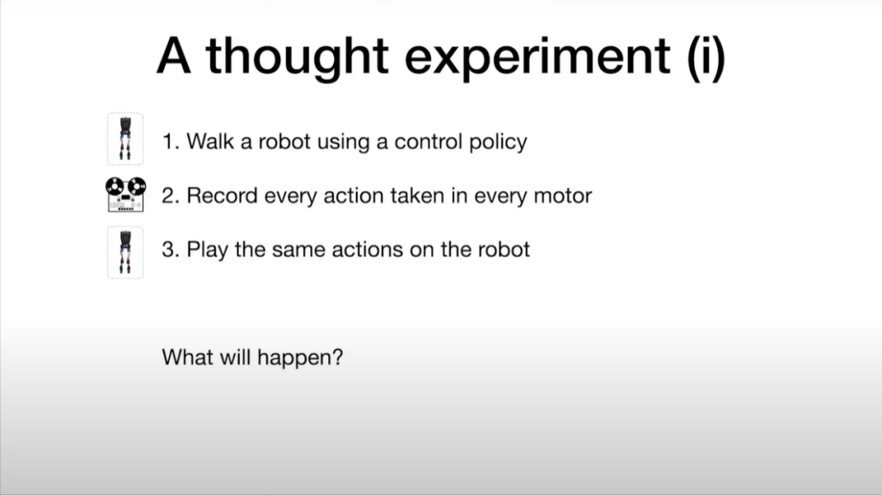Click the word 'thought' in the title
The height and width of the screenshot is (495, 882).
coord(297,57)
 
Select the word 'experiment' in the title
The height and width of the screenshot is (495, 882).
coord(537,58)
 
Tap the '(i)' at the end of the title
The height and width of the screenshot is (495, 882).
coord(706,57)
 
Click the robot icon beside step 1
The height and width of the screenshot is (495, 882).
coord(126,139)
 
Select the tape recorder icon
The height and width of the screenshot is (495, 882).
coord(126,194)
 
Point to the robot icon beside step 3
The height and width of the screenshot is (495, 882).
coord(126,252)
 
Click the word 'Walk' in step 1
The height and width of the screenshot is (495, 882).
coord(210,141)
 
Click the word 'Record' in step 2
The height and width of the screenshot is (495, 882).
coord(221,196)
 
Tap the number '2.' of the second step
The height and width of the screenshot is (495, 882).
coord(171,196)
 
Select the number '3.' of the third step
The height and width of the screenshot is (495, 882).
coord(171,250)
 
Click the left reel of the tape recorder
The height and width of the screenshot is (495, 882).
coord(115,185)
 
